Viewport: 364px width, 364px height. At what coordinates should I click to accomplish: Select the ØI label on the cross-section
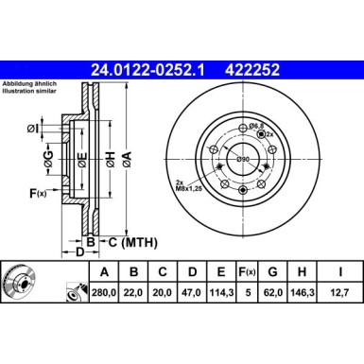tap(33, 130)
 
